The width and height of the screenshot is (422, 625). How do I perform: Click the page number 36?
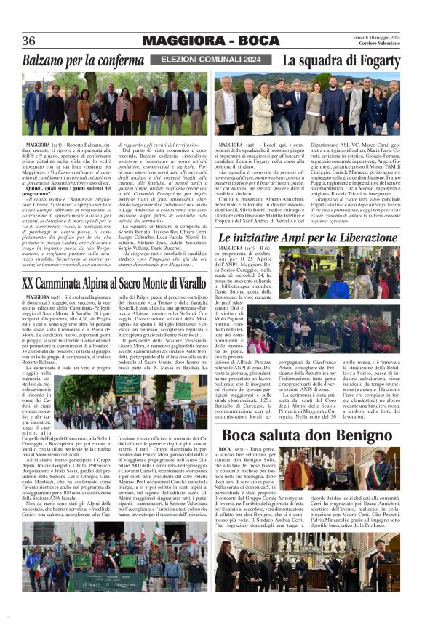[x=29, y=41]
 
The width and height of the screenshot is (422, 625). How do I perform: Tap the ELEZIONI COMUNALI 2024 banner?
[x=210, y=59]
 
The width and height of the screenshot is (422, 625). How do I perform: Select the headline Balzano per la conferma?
[x=83, y=60]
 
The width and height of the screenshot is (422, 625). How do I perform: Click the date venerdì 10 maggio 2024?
[x=377, y=36]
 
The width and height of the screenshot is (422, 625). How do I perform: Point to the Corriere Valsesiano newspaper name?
[x=381, y=44]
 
